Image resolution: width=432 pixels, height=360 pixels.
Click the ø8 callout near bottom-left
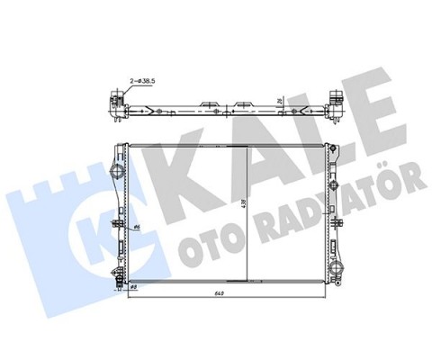point(133,285)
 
